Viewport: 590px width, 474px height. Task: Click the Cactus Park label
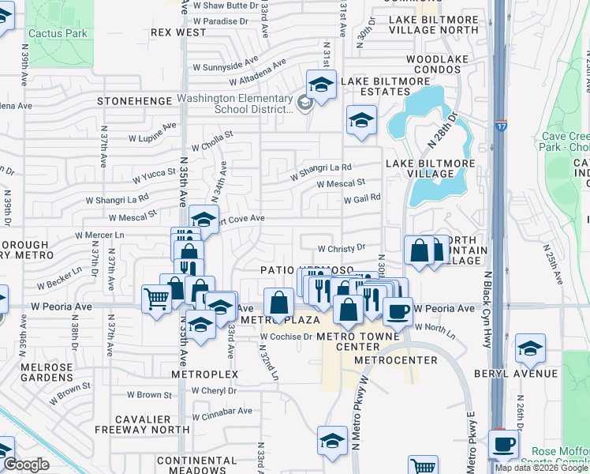click(x=58, y=34)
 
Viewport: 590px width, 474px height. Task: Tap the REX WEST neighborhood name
click(x=178, y=32)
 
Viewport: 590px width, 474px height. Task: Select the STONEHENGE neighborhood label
click(x=134, y=101)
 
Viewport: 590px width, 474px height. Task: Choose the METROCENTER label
click(x=396, y=360)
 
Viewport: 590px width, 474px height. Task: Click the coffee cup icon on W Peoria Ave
click(x=398, y=310)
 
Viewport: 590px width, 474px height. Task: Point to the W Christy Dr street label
click(x=342, y=247)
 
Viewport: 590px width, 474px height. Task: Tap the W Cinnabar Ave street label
click(x=222, y=410)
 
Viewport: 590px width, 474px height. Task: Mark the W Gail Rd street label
click(x=362, y=198)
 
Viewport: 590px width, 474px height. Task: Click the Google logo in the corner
click(x=26, y=465)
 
